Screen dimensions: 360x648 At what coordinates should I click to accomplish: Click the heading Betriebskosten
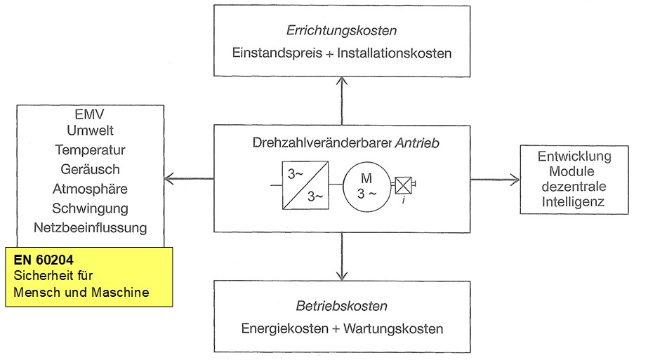pos(341,306)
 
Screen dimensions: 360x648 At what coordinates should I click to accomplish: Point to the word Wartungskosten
pos(399,328)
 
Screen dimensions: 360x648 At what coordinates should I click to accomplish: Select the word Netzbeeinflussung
pos(90,227)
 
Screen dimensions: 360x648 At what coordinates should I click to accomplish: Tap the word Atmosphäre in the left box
pos(90,189)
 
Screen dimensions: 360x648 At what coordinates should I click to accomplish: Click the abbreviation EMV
pos(89,112)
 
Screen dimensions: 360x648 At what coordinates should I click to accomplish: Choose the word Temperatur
pos(90,149)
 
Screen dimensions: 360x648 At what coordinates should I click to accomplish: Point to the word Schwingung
pos(90,208)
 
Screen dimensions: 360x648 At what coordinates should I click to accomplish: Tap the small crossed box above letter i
pos(402,185)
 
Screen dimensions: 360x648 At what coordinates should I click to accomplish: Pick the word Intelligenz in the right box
pos(575,203)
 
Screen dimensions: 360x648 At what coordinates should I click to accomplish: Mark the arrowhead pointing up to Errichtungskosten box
pos(342,80)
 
